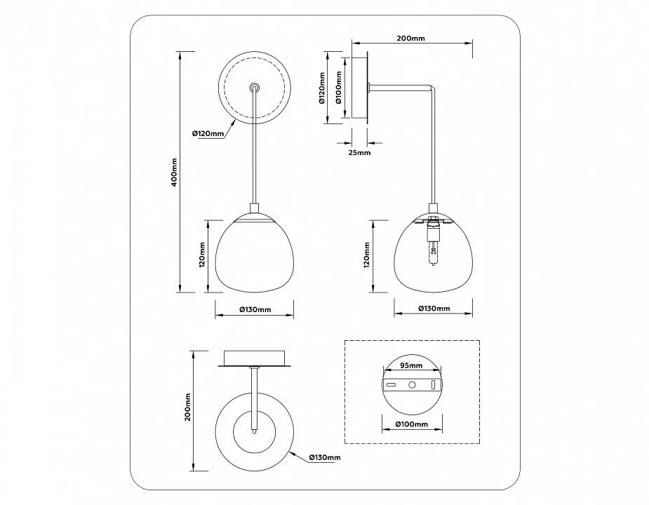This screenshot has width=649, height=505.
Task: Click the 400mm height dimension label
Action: click(x=174, y=172)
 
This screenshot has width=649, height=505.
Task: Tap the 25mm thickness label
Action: click(x=359, y=152)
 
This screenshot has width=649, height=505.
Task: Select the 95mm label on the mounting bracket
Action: click(x=411, y=365)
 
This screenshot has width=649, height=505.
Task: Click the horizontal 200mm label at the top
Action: click(x=410, y=39)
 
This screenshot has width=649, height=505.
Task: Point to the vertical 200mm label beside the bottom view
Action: click(x=187, y=408)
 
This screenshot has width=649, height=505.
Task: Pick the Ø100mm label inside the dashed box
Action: click(x=411, y=424)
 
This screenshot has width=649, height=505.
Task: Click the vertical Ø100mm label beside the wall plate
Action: click(x=339, y=88)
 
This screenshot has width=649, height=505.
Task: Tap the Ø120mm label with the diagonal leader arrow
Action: click(x=208, y=134)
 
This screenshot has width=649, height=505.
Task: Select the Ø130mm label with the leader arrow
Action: click(x=324, y=457)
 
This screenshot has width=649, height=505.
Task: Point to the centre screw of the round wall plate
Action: click(x=255, y=88)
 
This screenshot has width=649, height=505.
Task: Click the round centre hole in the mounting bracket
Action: click(x=412, y=384)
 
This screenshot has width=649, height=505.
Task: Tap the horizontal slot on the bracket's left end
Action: click(x=391, y=384)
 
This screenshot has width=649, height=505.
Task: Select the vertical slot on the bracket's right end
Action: click(x=433, y=384)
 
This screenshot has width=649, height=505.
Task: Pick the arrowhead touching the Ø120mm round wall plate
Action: click(x=234, y=122)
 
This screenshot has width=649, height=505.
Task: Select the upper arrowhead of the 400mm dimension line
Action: click(x=180, y=55)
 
